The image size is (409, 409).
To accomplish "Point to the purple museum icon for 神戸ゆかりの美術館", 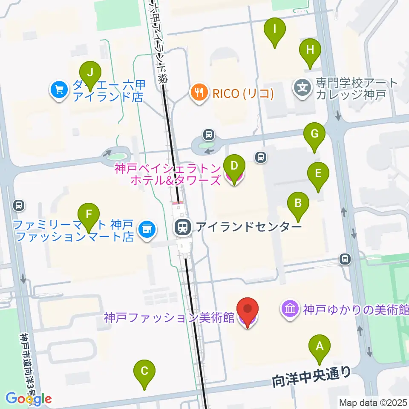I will pos(290,309).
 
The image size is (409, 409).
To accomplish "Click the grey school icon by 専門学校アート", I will pos(302,89).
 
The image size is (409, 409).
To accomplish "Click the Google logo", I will pos(29,399).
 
